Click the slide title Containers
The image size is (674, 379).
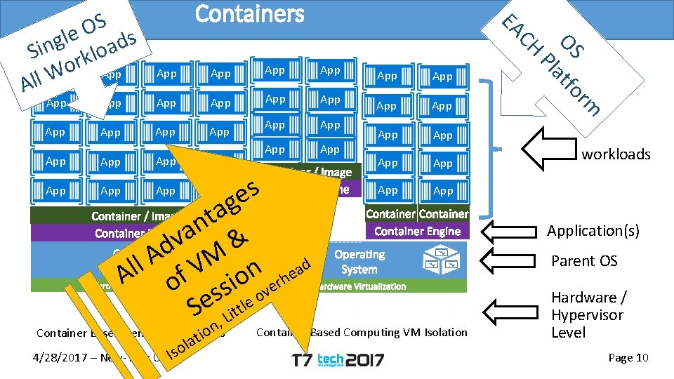(249, 14)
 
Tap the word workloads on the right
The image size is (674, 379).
(616, 154)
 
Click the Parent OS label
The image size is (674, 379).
(583, 260)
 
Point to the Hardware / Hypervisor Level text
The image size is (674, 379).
(587, 314)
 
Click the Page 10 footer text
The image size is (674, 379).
(628, 358)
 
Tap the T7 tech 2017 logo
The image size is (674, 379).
(338, 359)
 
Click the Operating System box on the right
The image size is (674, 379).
(359, 262)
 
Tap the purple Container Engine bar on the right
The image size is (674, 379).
(417, 231)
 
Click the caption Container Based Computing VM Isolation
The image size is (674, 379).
(362, 332)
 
